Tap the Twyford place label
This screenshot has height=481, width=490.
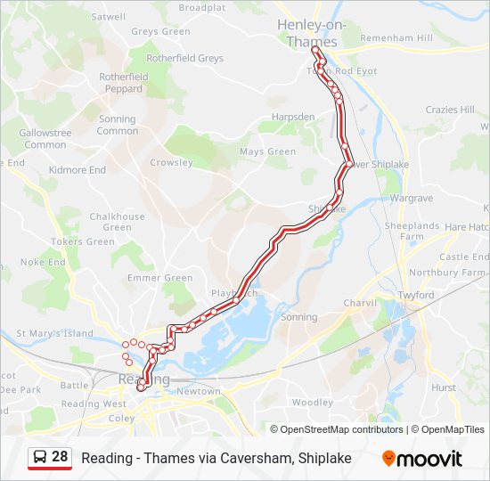[416, 295]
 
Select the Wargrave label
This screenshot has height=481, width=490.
[411, 196]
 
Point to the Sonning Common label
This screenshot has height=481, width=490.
[117, 125]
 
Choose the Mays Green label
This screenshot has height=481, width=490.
[267, 151]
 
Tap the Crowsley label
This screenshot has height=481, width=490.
[171, 163]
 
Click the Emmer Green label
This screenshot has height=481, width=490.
[160, 278]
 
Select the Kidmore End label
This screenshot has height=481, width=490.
[78, 170]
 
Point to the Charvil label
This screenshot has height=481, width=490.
[360, 303]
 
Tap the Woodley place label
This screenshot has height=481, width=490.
[311, 403]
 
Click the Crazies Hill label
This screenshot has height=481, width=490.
[450, 110]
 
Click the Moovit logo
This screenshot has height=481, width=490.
[422, 459]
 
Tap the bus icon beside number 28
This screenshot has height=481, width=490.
[40, 458]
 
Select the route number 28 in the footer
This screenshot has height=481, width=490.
[60, 457]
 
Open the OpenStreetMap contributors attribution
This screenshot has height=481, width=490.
[341, 429]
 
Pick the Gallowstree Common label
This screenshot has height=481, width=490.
[45, 139]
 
